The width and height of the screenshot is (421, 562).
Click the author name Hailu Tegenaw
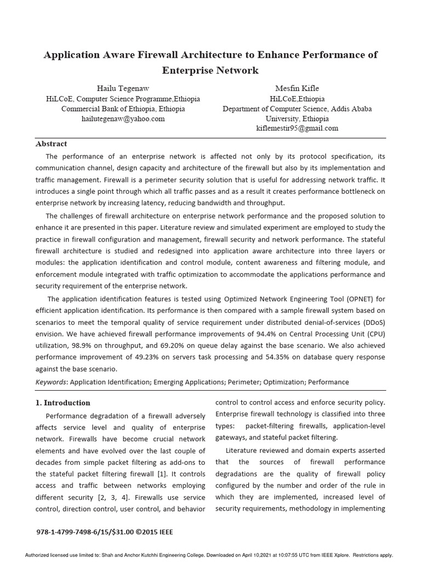point(122,88)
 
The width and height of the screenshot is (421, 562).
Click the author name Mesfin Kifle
point(297,88)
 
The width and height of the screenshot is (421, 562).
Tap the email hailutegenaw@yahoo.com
point(123,119)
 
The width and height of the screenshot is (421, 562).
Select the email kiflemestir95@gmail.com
point(297,128)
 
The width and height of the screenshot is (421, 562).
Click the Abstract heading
point(51,144)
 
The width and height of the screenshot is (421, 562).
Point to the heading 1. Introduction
point(63,402)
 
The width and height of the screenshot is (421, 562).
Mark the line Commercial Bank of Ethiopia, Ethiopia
point(122,109)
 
